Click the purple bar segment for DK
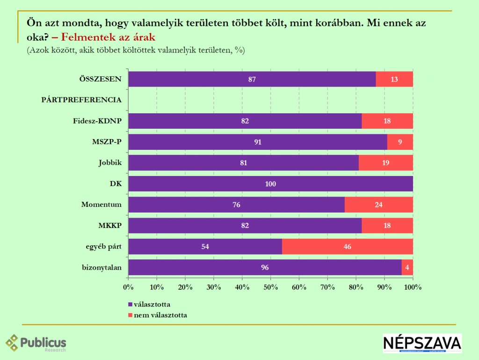pyautogui.click(x=270, y=184)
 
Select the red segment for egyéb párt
pyautogui.click(x=347, y=247)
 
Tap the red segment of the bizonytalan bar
pyautogui.click(x=407, y=267)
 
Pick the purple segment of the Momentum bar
pyautogui.click(x=236, y=205)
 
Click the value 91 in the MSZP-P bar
pyautogui.click(x=258, y=142)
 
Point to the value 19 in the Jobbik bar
pyautogui.click(x=386, y=163)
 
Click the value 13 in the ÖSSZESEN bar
pyautogui.click(x=394, y=80)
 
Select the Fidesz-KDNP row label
pyautogui.click(x=97, y=121)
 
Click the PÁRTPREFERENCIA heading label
pyautogui.click(x=81, y=100)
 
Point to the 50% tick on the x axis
pyautogui.click(x=270, y=287)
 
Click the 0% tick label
pyautogui.click(x=128, y=287)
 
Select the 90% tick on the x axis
pyautogui.click(x=385, y=287)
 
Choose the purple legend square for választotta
pyautogui.click(x=131, y=304)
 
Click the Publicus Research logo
pyautogui.click(x=36, y=343)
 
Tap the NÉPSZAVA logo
pyautogui.click(x=422, y=343)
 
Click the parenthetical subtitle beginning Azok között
pyautogui.click(x=136, y=50)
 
